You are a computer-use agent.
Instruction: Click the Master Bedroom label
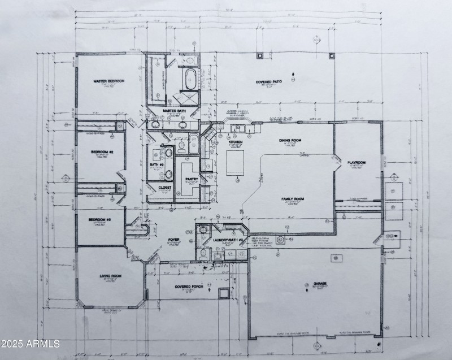point(108,81)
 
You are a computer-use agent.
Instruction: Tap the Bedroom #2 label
point(103,152)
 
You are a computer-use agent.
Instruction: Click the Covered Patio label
point(268,82)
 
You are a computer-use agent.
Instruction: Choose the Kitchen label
point(236,142)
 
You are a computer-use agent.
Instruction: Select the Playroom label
point(356,163)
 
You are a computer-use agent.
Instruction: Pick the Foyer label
point(174,240)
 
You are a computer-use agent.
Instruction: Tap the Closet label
point(165,187)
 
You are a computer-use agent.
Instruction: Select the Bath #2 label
point(156,165)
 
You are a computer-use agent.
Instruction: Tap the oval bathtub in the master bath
point(189,79)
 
